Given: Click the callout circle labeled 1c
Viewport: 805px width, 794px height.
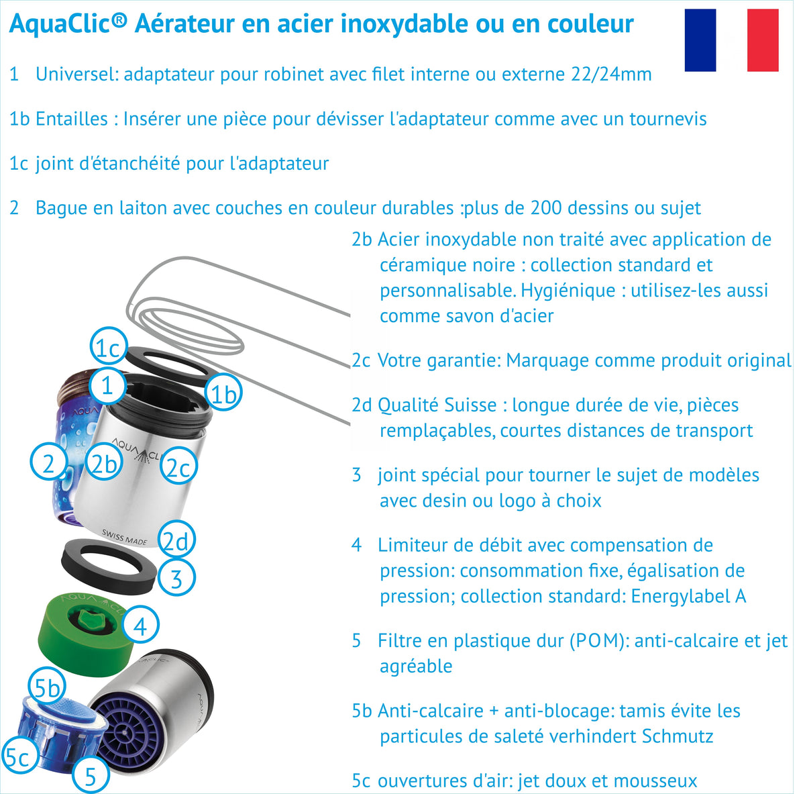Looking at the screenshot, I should [x=109, y=348].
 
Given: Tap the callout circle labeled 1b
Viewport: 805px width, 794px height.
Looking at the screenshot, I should [x=224, y=394].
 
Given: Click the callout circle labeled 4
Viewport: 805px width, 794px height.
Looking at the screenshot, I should [x=140, y=626].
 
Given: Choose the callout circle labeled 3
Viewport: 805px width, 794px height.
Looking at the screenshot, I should [x=176, y=578].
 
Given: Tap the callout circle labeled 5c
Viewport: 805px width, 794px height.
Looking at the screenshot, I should [x=19, y=756].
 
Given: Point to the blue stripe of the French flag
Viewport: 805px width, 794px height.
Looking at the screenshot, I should [x=700, y=40].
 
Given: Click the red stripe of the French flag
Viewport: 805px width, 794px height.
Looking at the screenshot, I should [x=763, y=40].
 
